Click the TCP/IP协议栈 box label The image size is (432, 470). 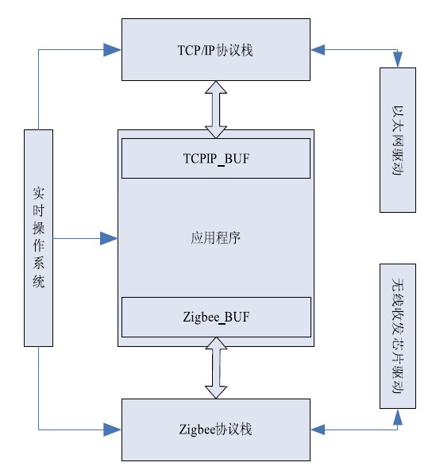tap(215, 50)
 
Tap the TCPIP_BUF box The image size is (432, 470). tap(216, 158)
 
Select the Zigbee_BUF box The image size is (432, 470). tap(216, 317)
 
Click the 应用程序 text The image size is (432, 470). tap(216, 238)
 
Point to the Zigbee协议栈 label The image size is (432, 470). tap(215, 430)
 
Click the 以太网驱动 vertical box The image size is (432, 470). tap(398, 140)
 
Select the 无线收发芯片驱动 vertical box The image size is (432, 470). tap(398, 336)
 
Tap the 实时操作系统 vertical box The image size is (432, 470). tap(38, 238)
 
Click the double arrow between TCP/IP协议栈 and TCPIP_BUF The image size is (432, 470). tap(216, 110)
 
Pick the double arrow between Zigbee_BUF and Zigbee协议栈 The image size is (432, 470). tap(216, 368)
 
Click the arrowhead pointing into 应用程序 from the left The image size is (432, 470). tap(109, 239)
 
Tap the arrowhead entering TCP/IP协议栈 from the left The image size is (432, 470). tap(113, 50)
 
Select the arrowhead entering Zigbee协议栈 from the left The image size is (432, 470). tap(113, 430)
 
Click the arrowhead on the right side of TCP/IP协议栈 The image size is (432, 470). tap(318, 50)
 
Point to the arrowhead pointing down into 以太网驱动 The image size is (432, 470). tap(398, 60)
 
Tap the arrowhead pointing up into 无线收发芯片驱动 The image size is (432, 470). tap(398, 417)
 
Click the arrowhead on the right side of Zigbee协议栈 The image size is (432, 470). tap(318, 430)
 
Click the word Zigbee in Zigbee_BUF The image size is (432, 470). tap(201, 318)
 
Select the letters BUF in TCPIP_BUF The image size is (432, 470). tap(237, 158)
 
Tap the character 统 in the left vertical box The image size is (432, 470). tap(39, 282)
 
